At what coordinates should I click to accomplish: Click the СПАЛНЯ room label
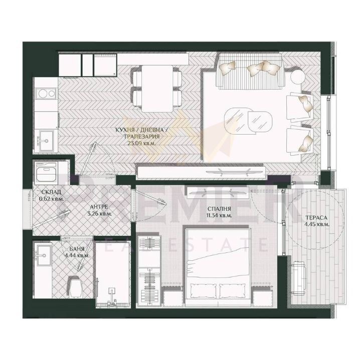click(x=219, y=209)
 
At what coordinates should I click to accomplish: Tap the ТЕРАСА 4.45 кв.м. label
click(x=316, y=221)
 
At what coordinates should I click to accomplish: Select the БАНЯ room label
click(x=77, y=249)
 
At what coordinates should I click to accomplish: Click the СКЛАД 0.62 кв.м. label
click(x=51, y=195)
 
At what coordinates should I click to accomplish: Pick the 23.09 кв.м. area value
click(x=141, y=143)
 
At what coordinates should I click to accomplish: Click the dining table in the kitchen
click(x=157, y=89)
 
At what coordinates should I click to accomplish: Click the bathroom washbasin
click(x=43, y=255)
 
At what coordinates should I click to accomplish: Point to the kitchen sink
click(x=45, y=141)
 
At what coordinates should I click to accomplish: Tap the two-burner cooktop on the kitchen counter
click(x=47, y=93)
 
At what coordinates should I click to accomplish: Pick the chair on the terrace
click(x=299, y=278)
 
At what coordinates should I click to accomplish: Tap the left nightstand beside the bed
click(x=172, y=296)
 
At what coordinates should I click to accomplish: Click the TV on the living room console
click(x=228, y=171)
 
